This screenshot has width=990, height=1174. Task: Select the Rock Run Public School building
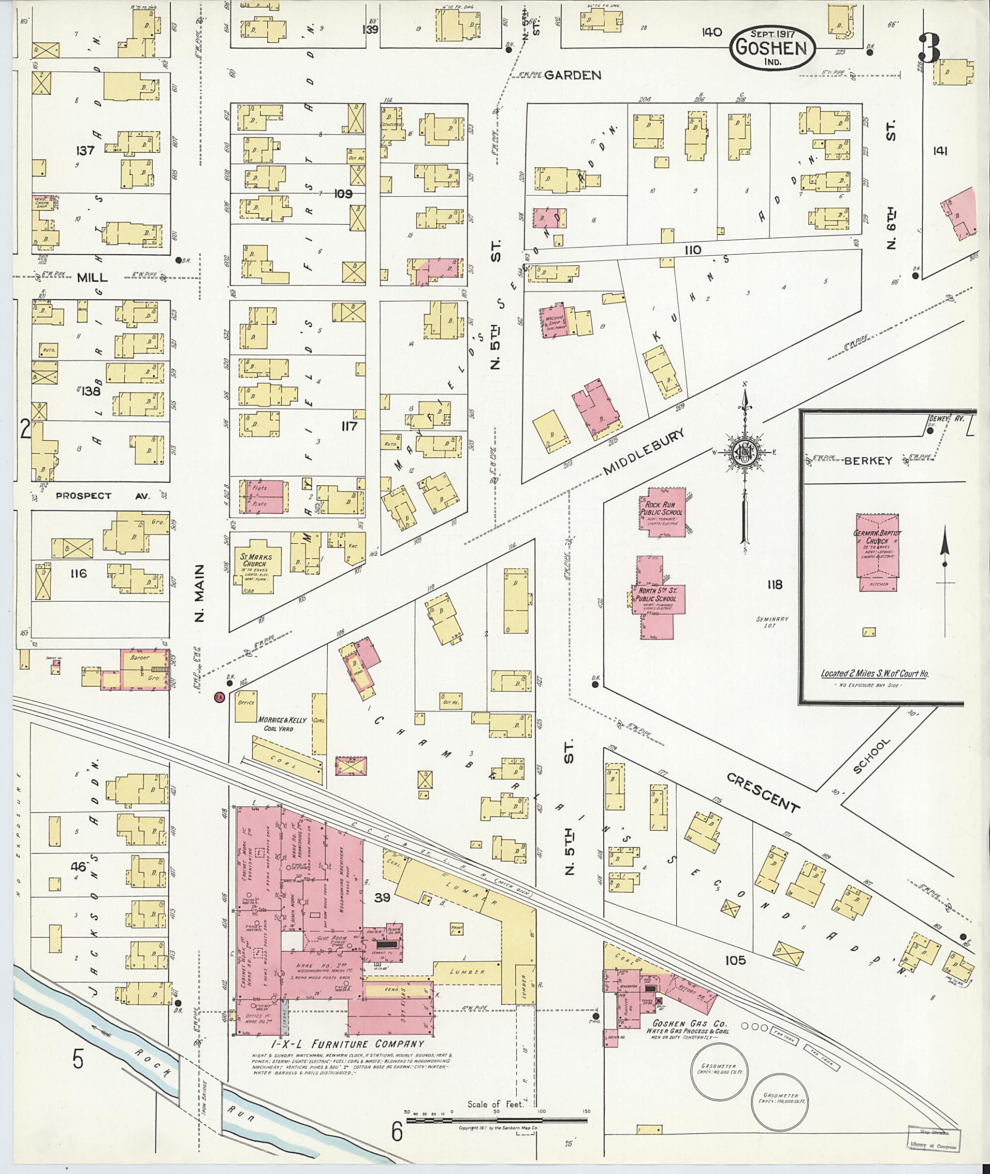[663, 512]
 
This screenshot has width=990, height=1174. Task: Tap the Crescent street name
[763, 792]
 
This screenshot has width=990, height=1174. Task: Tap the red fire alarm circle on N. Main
[219, 697]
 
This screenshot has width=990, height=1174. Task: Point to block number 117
[349, 426]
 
